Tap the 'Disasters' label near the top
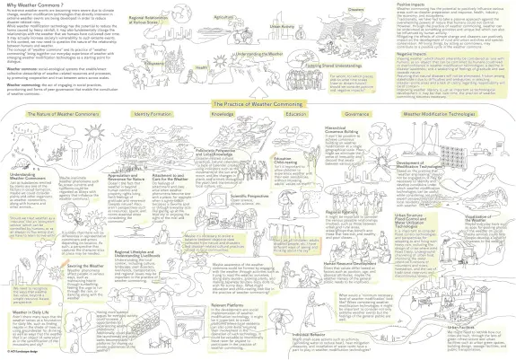tap(354, 8)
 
